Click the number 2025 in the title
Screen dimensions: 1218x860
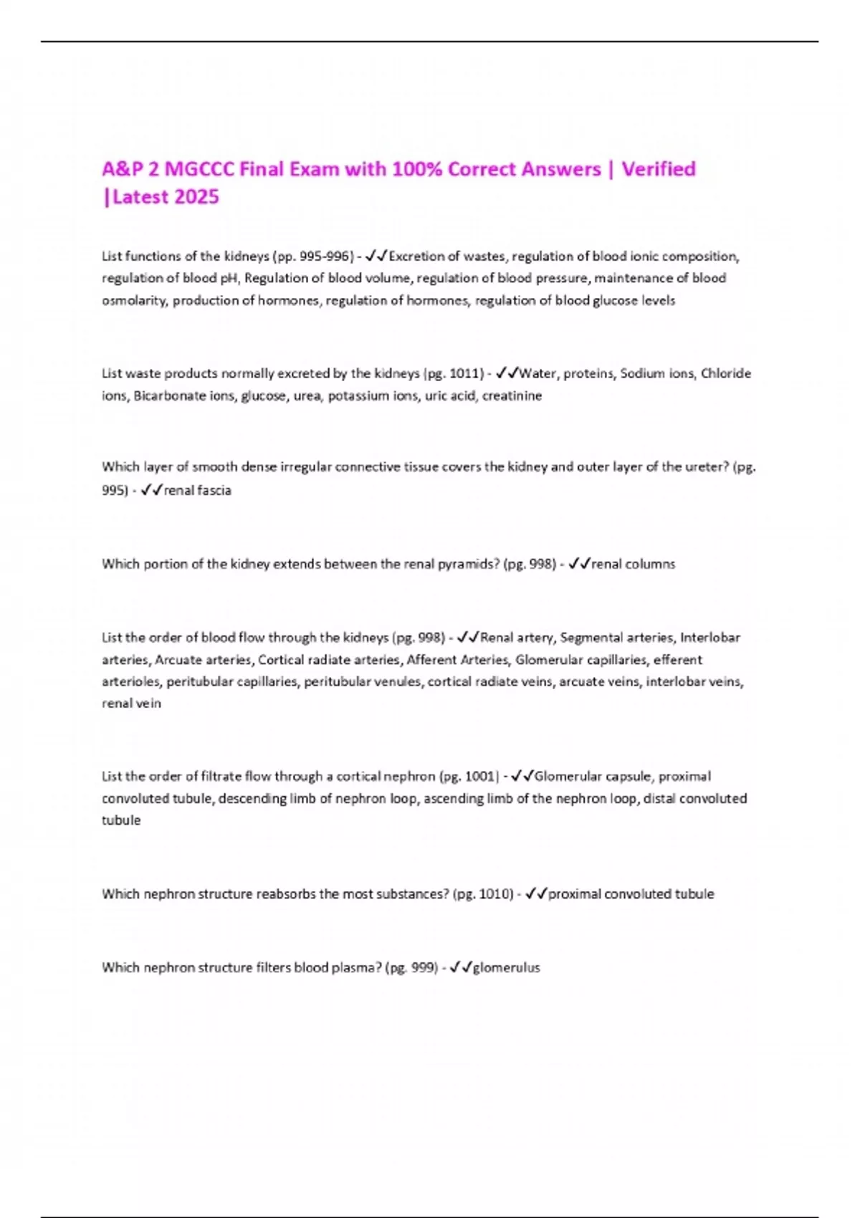point(194,197)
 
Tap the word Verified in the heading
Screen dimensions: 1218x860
point(659,169)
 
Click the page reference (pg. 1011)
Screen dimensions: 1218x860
point(454,373)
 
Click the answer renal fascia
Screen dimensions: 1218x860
point(197,491)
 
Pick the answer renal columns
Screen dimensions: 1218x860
point(633,565)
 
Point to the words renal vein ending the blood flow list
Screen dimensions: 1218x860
point(131,704)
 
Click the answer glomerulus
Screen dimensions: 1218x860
point(506,968)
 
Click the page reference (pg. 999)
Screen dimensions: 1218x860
point(411,968)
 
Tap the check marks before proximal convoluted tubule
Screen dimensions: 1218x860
point(535,894)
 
